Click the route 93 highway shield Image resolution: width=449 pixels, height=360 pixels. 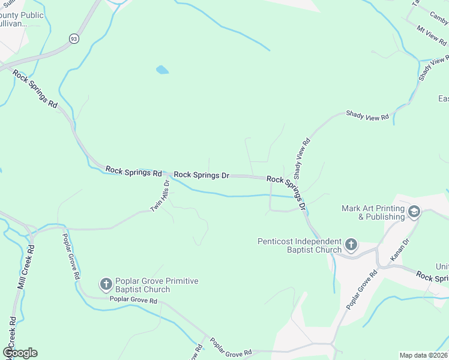click(x=73, y=38)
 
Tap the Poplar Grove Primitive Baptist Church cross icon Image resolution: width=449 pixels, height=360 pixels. click(x=106, y=284)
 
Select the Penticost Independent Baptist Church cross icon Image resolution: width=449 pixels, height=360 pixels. click(x=351, y=245)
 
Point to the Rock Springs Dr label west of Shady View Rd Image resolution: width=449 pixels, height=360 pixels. click(x=202, y=176)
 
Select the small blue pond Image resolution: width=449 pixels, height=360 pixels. click(x=162, y=70)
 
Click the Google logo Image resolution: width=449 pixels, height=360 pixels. click(x=20, y=353)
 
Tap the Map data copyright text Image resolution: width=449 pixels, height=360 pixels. click(x=423, y=355)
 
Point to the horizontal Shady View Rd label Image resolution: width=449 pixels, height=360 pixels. click(x=367, y=116)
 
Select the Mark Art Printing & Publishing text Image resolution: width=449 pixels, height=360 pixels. click(x=373, y=212)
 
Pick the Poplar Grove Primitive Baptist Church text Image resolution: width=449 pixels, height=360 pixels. click(x=156, y=285)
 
